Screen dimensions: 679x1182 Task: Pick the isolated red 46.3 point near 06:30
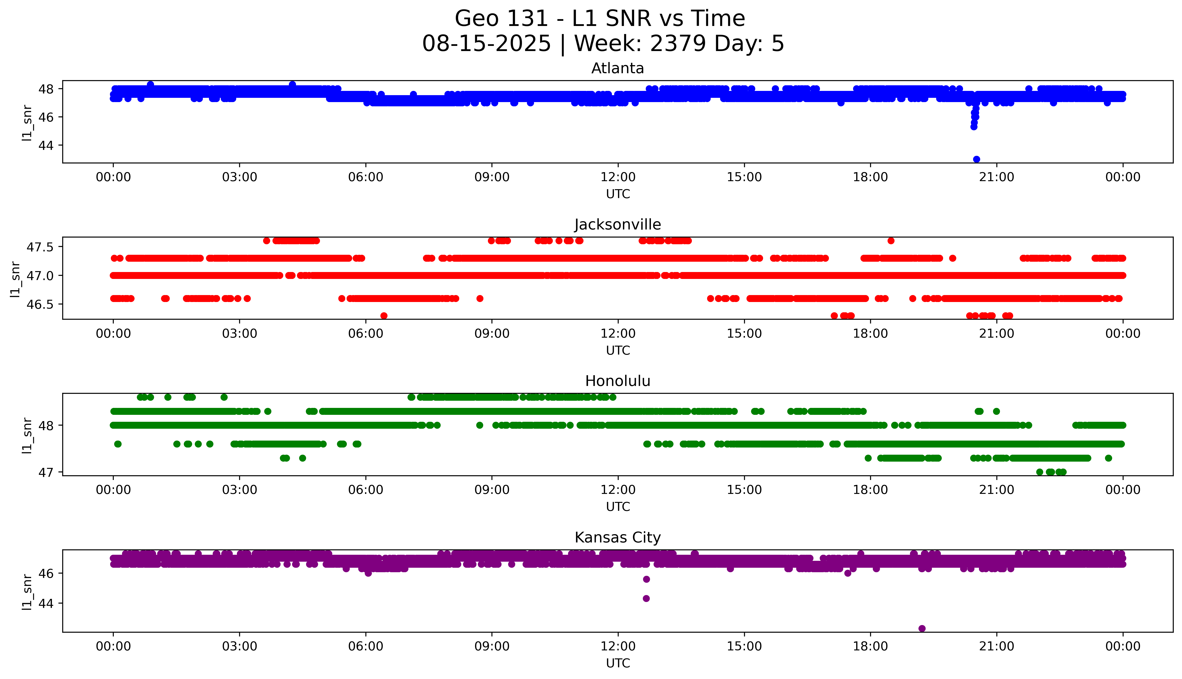(x=384, y=316)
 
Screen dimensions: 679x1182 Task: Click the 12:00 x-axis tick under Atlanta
(x=618, y=177)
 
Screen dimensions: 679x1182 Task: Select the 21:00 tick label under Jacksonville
(x=996, y=333)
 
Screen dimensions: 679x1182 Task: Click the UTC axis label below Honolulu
(x=618, y=506)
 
